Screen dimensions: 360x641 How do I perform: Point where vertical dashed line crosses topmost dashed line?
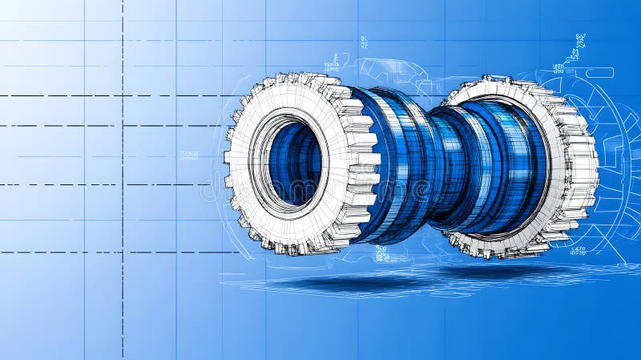click(x=123, y=96)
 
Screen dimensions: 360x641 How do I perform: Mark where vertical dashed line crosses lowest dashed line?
click(x=123, y=252)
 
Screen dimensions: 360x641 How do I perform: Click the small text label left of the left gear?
click(x=189, y=155)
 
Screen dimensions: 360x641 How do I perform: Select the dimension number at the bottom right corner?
click(x=578, y=251)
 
